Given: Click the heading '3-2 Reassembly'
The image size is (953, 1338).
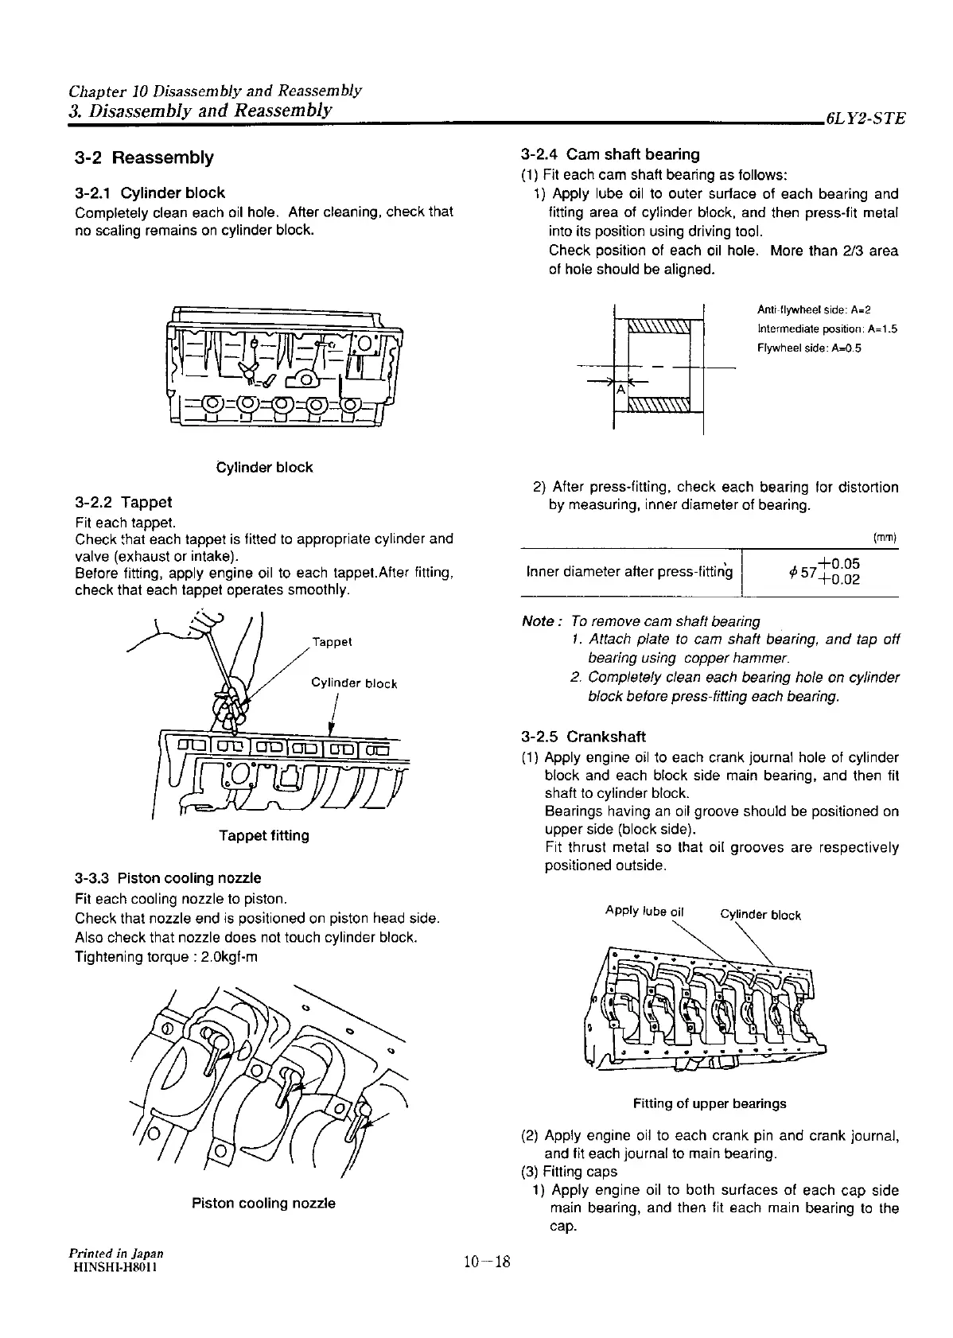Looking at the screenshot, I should [x=144, y=158].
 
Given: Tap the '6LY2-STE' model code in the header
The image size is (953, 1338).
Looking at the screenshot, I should [x=865, y=119].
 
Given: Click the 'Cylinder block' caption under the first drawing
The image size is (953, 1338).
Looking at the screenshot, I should [x=265, y=468].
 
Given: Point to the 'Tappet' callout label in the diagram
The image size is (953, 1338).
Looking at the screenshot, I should [x=332, y=642].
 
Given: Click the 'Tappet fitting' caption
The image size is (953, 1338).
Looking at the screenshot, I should [x=264, y=836].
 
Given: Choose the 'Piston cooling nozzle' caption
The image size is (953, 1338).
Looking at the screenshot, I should [x=263, y=1204].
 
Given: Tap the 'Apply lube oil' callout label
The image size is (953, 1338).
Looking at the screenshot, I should [x=644, y=911].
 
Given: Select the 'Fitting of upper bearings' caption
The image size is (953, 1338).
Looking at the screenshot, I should [x=710, y=1104].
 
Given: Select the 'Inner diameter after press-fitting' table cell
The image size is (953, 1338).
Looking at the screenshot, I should [x=628, y=572].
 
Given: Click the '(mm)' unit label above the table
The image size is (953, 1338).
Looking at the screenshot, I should [x=885, y=538].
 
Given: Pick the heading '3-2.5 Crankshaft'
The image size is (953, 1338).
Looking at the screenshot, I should [x=583, y=737].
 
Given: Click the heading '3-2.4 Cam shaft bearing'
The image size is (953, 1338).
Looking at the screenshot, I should [x=610, y=154].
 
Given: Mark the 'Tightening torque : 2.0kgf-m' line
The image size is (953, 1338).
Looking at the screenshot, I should [x=165, y=957].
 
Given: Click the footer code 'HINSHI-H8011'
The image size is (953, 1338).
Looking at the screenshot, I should [x=112, y=1268].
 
